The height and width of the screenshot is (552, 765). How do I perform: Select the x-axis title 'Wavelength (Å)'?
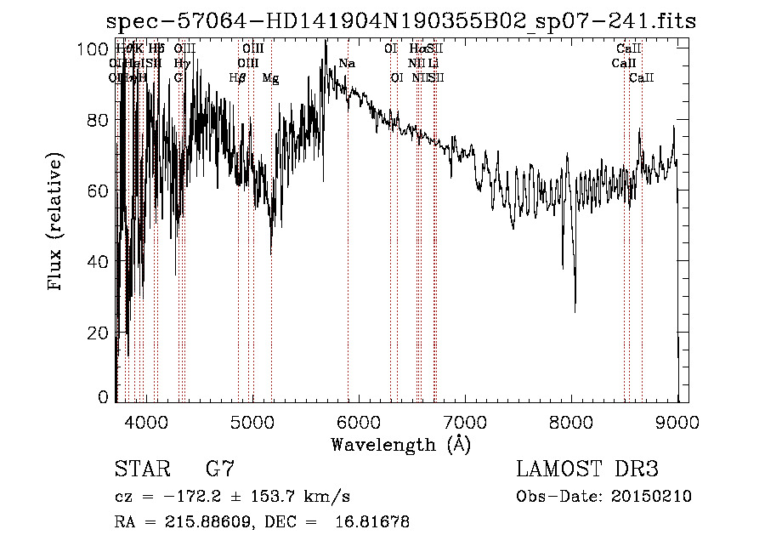tap(400, 444)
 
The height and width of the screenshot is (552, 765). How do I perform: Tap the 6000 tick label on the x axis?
tap(359, 422)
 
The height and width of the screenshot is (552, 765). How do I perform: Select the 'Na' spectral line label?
tap(347, 63)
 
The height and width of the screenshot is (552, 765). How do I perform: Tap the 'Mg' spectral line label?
tap(270, 78)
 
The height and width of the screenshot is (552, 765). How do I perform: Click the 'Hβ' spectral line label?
tap(238, 78)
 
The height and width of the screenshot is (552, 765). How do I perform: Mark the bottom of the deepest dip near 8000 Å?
tap(575, 311)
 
